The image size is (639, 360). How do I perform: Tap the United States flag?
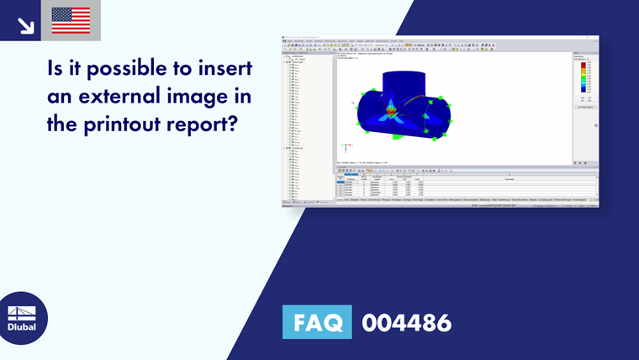tap(71, 20)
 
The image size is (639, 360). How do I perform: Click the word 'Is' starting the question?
tap(56, 71)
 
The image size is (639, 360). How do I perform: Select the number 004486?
tap(406, 323)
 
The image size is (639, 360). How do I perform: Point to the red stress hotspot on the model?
tap(390, 110)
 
